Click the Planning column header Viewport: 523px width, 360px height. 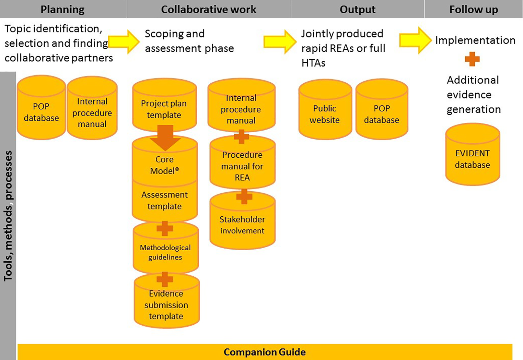62,9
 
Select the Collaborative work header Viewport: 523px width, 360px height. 209,9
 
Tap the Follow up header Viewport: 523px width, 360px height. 474,9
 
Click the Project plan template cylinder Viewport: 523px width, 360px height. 164,108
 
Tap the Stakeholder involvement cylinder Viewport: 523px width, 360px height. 242,225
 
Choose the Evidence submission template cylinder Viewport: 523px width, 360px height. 166,304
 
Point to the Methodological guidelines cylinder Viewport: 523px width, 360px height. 165,252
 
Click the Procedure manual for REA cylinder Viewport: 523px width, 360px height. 242,166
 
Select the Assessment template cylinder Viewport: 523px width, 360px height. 165,200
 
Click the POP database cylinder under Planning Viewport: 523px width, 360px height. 41,112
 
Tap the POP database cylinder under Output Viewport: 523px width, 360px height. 382,114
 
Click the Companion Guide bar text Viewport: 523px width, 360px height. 265,352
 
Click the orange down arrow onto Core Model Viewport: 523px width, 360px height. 165,137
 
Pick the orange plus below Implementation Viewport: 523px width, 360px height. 472,59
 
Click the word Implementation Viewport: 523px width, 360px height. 475,40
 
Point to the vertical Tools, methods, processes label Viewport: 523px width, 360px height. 8,216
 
